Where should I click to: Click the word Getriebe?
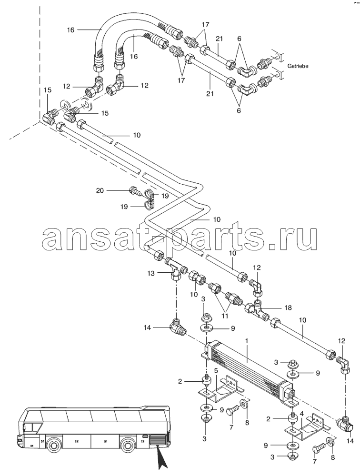(x=298, y=66)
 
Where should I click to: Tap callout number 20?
(x=100, y=190)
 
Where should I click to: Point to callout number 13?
(x=151, y=273)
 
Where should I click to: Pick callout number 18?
(x=288, y=307)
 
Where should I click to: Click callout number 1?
(x=247, y=341)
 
